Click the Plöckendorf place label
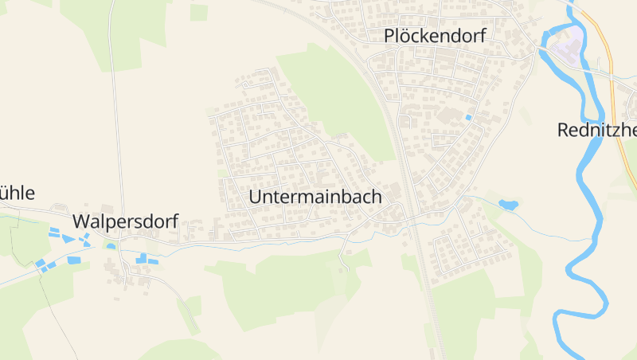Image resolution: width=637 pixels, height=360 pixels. point(434,36)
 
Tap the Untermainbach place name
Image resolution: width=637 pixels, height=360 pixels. point(315,196)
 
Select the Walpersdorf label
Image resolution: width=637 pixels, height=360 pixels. point(125,221)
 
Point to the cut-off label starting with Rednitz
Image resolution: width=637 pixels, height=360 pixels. point(597,130)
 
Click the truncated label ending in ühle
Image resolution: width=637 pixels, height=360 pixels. point(18,193)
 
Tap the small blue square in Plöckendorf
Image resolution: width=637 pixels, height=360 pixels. point(468,119)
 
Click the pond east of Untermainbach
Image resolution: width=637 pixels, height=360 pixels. point(508,205)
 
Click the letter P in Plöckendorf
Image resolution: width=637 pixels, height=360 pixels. point(389,36)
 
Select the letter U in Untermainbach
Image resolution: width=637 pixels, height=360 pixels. point(256,196)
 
